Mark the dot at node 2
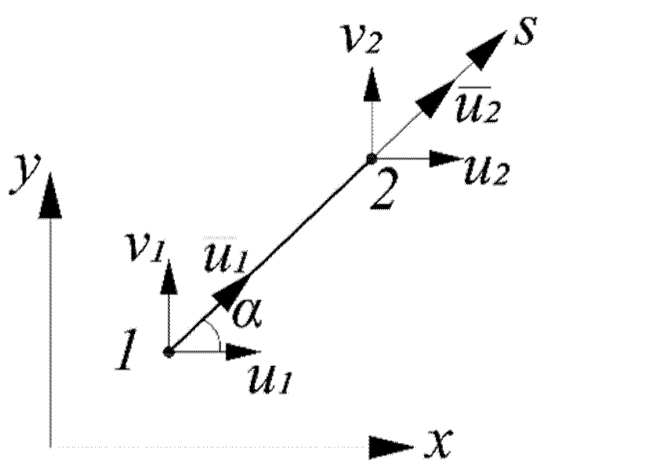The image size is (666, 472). pyautogui.click(x=371, y=158)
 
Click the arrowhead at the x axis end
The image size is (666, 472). pyautogui.click(x=390, y=447)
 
